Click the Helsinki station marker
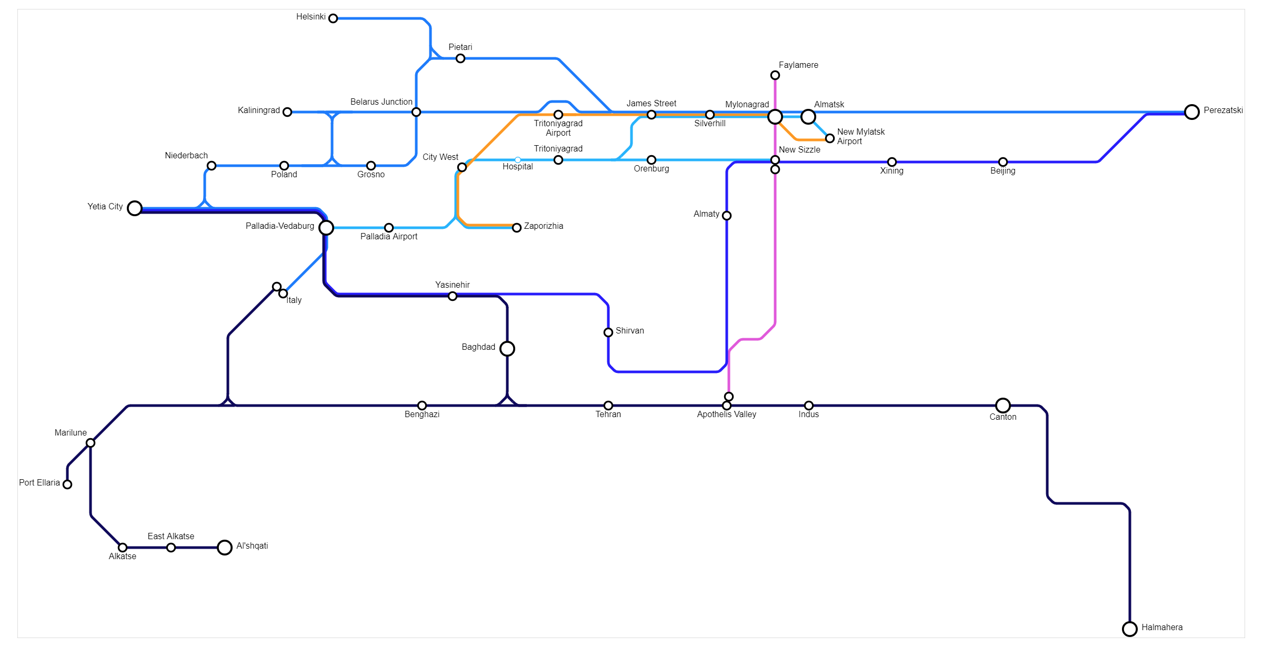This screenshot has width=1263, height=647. pyautogui.click(x=333, y=18)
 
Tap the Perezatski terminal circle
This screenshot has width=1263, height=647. pyautogui.click(x=1192, y=112)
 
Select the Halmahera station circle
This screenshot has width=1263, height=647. pyautogui.click(x=1130, y=629)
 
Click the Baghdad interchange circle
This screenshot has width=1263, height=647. pyautogui.click(x=507, y=348)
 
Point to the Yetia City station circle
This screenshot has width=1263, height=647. pyautogui.click(x=135, y=208)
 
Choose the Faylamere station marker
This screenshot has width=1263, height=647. pyautogui.click(x=775, y=75)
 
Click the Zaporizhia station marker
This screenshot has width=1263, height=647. pyautogui.click(x=517, y=228)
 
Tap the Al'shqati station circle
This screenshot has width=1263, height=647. pyautogui.click(x=225, y=548)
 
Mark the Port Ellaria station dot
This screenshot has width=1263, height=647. pyautogui.click(x=67, y=484)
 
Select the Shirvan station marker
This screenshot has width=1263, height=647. pyautogui.click(x=608, y=332)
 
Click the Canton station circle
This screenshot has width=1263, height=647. pyautogui.click(x=1003, y=406)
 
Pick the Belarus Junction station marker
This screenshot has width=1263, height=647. pyautogui.click(x=416, y=112)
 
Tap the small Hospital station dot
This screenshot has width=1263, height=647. pyautogui.click(x=518, y=160)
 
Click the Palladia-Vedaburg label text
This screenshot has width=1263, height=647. pyautogui.click(x=279, y=226)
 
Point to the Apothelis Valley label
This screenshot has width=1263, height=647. pyautogui.click(x=726, y=415)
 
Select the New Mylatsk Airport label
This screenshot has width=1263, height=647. pyautogui.click(x=860, y=137)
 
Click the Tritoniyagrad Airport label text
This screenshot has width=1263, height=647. pyautogui.click(x=558, y=128)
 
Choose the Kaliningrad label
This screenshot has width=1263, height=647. pyautogui.click(x=258, y=110)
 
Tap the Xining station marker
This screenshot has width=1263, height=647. pyautogui.click(x=892, y=162)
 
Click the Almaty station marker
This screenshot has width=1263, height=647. pyautogui.click(x=727, y=216)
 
